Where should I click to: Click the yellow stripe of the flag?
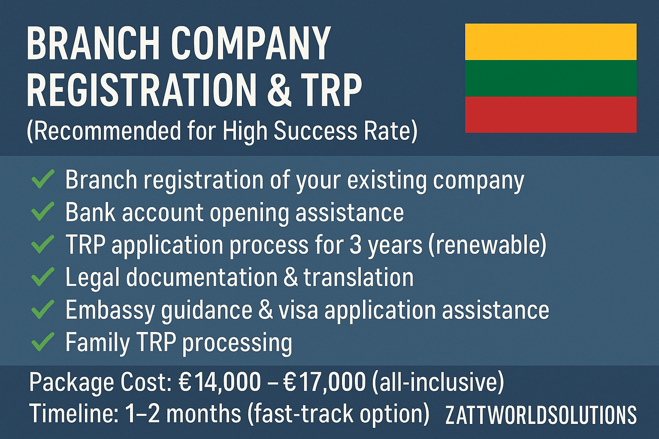[x=551, y=42]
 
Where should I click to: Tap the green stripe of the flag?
[x=551, y=78]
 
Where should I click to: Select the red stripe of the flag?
[x=551, y=114]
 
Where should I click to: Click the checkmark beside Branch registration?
[x=42, y=179]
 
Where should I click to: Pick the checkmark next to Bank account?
[x=42, y=211]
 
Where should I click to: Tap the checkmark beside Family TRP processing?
[x=42, y=341]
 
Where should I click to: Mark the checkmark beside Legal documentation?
[x=42, y=277]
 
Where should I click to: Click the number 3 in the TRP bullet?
[x=356, y=245]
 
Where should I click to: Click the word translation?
[x=358, y=277]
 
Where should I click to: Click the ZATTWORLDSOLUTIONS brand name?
[x=541, y=415]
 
